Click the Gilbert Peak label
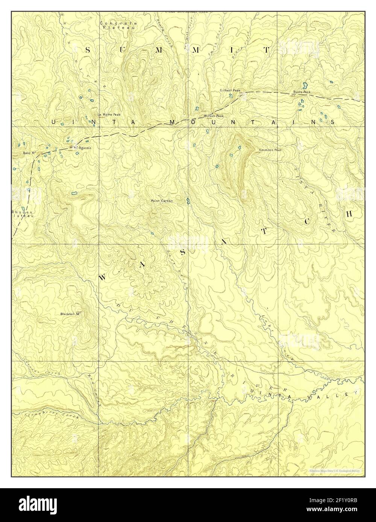click(230, 91)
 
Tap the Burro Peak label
click(302, 92)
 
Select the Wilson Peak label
click(214, 116)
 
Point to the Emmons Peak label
click(270, 150)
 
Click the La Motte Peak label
click(109, 114)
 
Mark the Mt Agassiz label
click(80, 147)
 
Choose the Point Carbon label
click(162, 201)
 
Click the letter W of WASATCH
click(102, 278)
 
